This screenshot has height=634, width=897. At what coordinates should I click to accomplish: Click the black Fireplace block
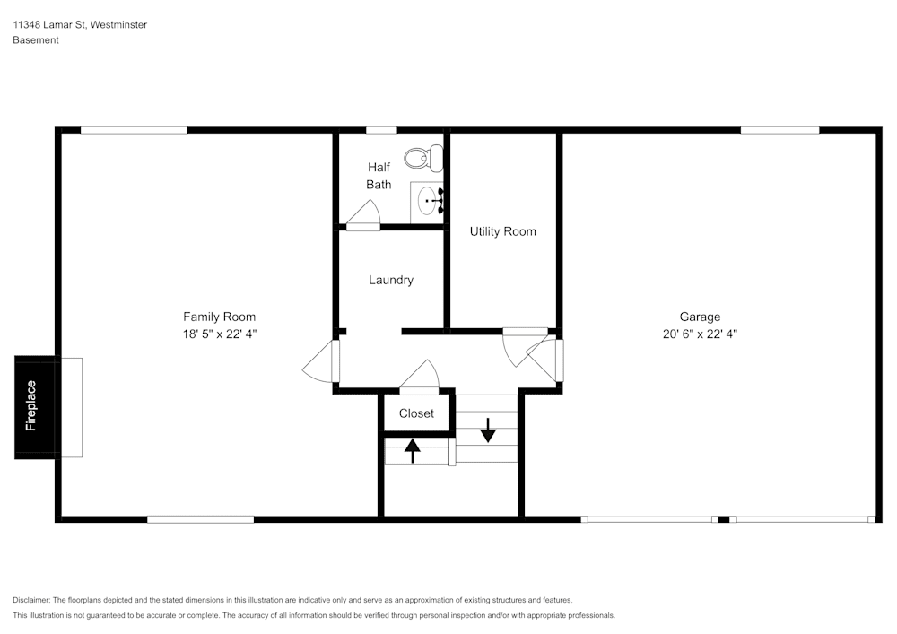coord(36,407)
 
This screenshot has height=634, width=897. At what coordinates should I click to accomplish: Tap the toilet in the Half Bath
coord(424,157)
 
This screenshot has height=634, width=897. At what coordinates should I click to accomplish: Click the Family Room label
coord(219,317)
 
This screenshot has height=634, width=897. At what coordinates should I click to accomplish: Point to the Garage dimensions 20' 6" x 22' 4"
coord(700,334)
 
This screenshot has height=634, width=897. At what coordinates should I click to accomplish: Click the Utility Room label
coord(503,231)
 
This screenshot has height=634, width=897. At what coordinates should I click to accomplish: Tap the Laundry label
coord(391,280)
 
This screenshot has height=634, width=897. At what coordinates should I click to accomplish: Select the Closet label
coord(416,413)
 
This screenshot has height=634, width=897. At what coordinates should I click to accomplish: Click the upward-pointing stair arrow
coord(412,450)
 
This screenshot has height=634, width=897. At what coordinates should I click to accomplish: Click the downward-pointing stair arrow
coord(487,430)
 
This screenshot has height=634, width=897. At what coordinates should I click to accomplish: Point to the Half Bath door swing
coord(363,215)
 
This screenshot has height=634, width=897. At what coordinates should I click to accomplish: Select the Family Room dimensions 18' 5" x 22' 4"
coord(220,334)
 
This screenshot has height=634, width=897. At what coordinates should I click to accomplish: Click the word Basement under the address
coord(36,40)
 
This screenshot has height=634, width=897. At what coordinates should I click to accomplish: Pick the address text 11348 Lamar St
coord(49,24)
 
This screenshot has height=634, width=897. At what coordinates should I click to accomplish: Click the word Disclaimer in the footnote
coord(30,600)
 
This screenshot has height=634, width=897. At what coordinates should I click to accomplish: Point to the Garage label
coord(700,317)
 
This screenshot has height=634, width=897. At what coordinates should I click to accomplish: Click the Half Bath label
coord(379,176)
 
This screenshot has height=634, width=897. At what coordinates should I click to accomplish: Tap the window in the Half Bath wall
coord(381,130)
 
